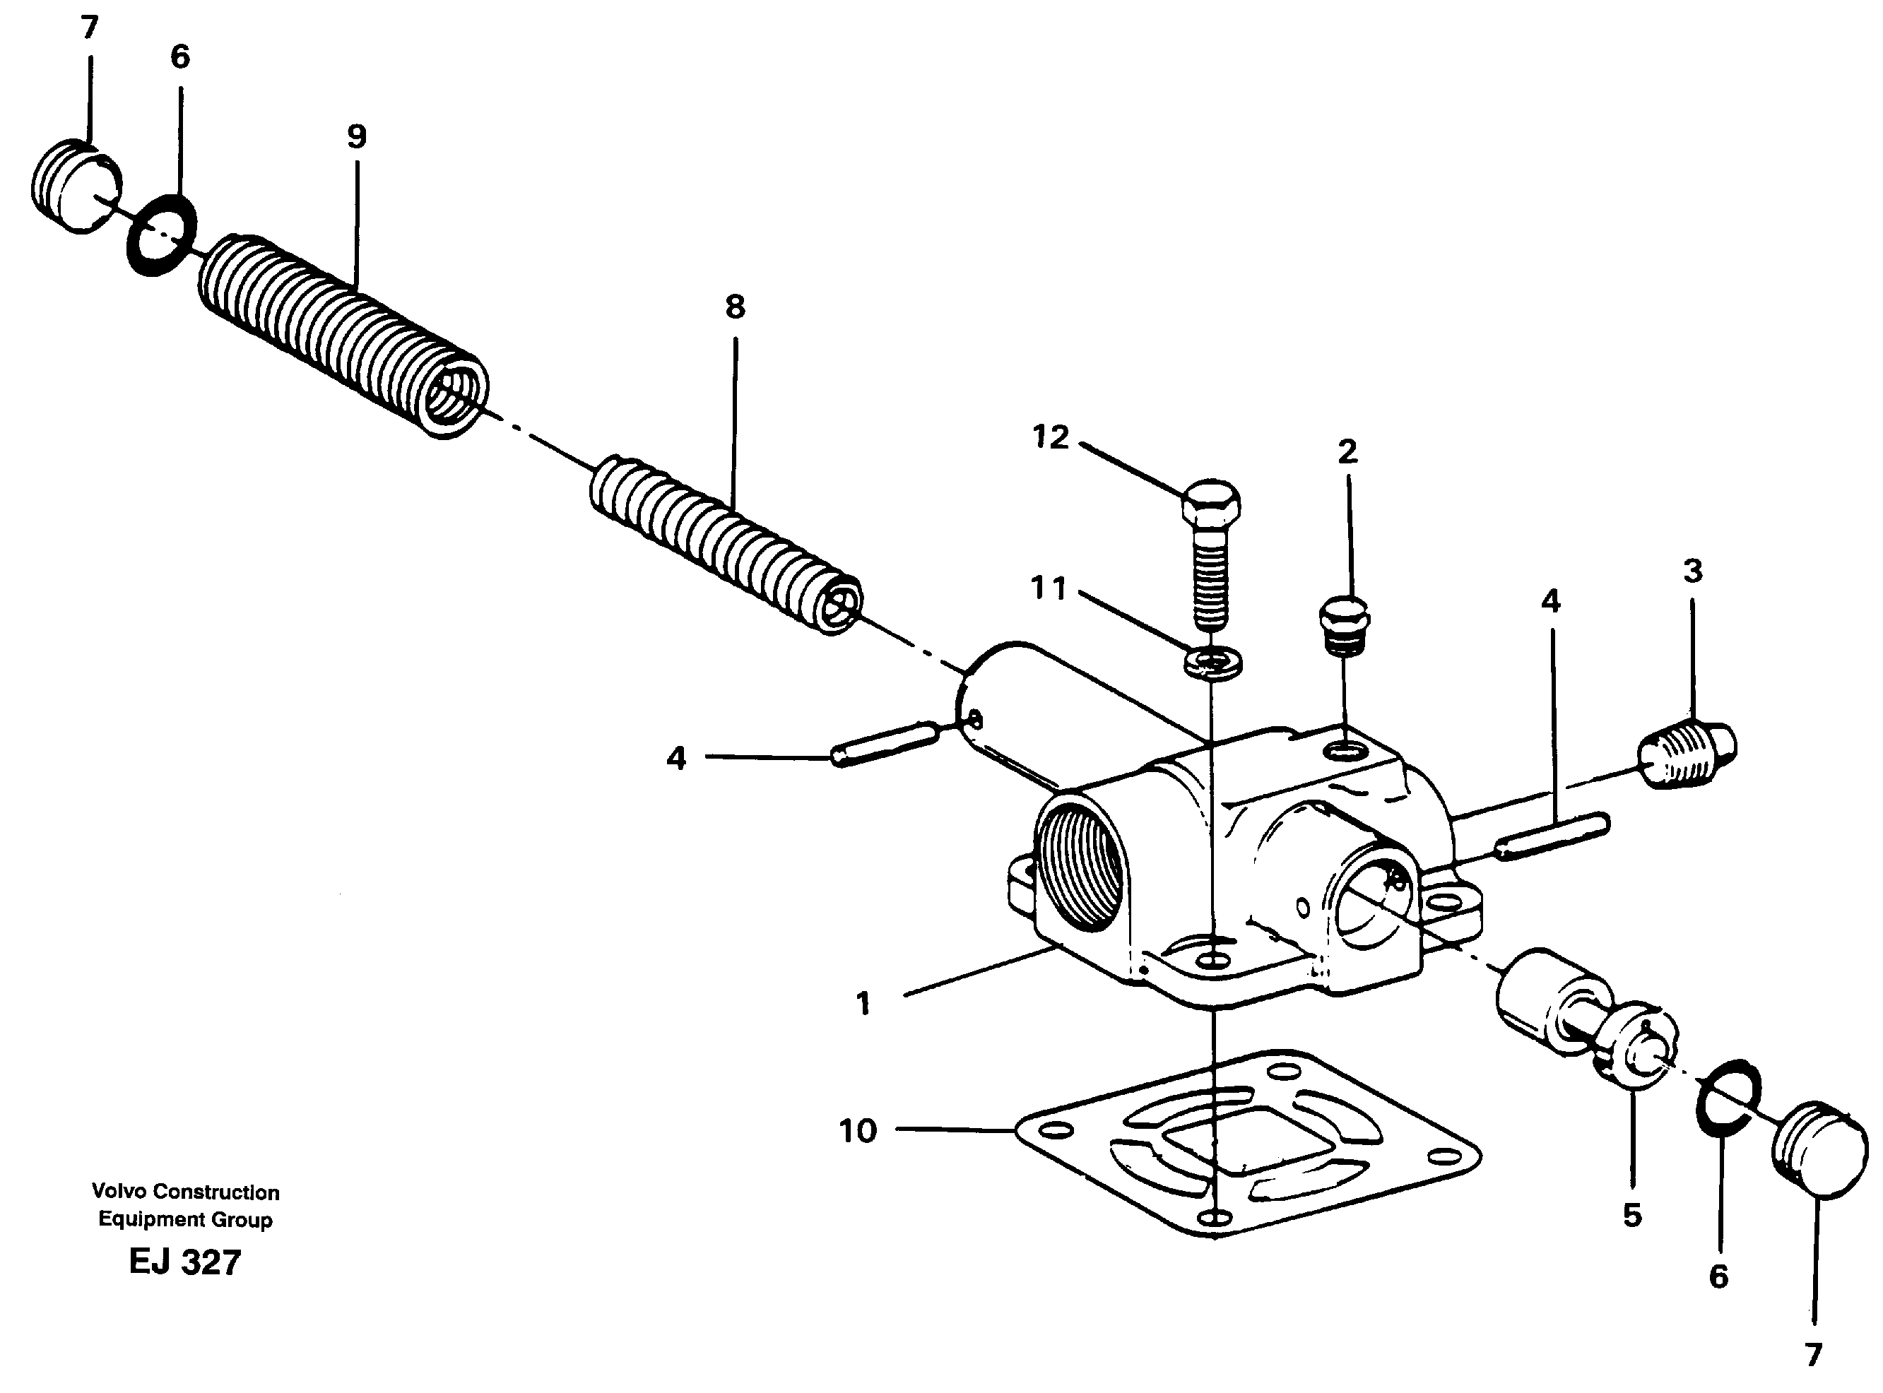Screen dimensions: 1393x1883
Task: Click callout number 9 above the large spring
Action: coord(356,136)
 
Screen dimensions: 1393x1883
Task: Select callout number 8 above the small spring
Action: coord(735,308)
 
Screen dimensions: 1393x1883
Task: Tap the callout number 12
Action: coord(1050,437)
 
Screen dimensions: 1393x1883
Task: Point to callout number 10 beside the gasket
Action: coord(858,1132)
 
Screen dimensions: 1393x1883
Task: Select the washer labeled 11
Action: coord(1212,661)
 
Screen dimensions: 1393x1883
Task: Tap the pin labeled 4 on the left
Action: coord(885,744)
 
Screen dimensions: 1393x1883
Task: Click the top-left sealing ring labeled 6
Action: coord(161,235)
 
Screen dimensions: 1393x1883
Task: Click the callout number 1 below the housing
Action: coord(862,1004)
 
